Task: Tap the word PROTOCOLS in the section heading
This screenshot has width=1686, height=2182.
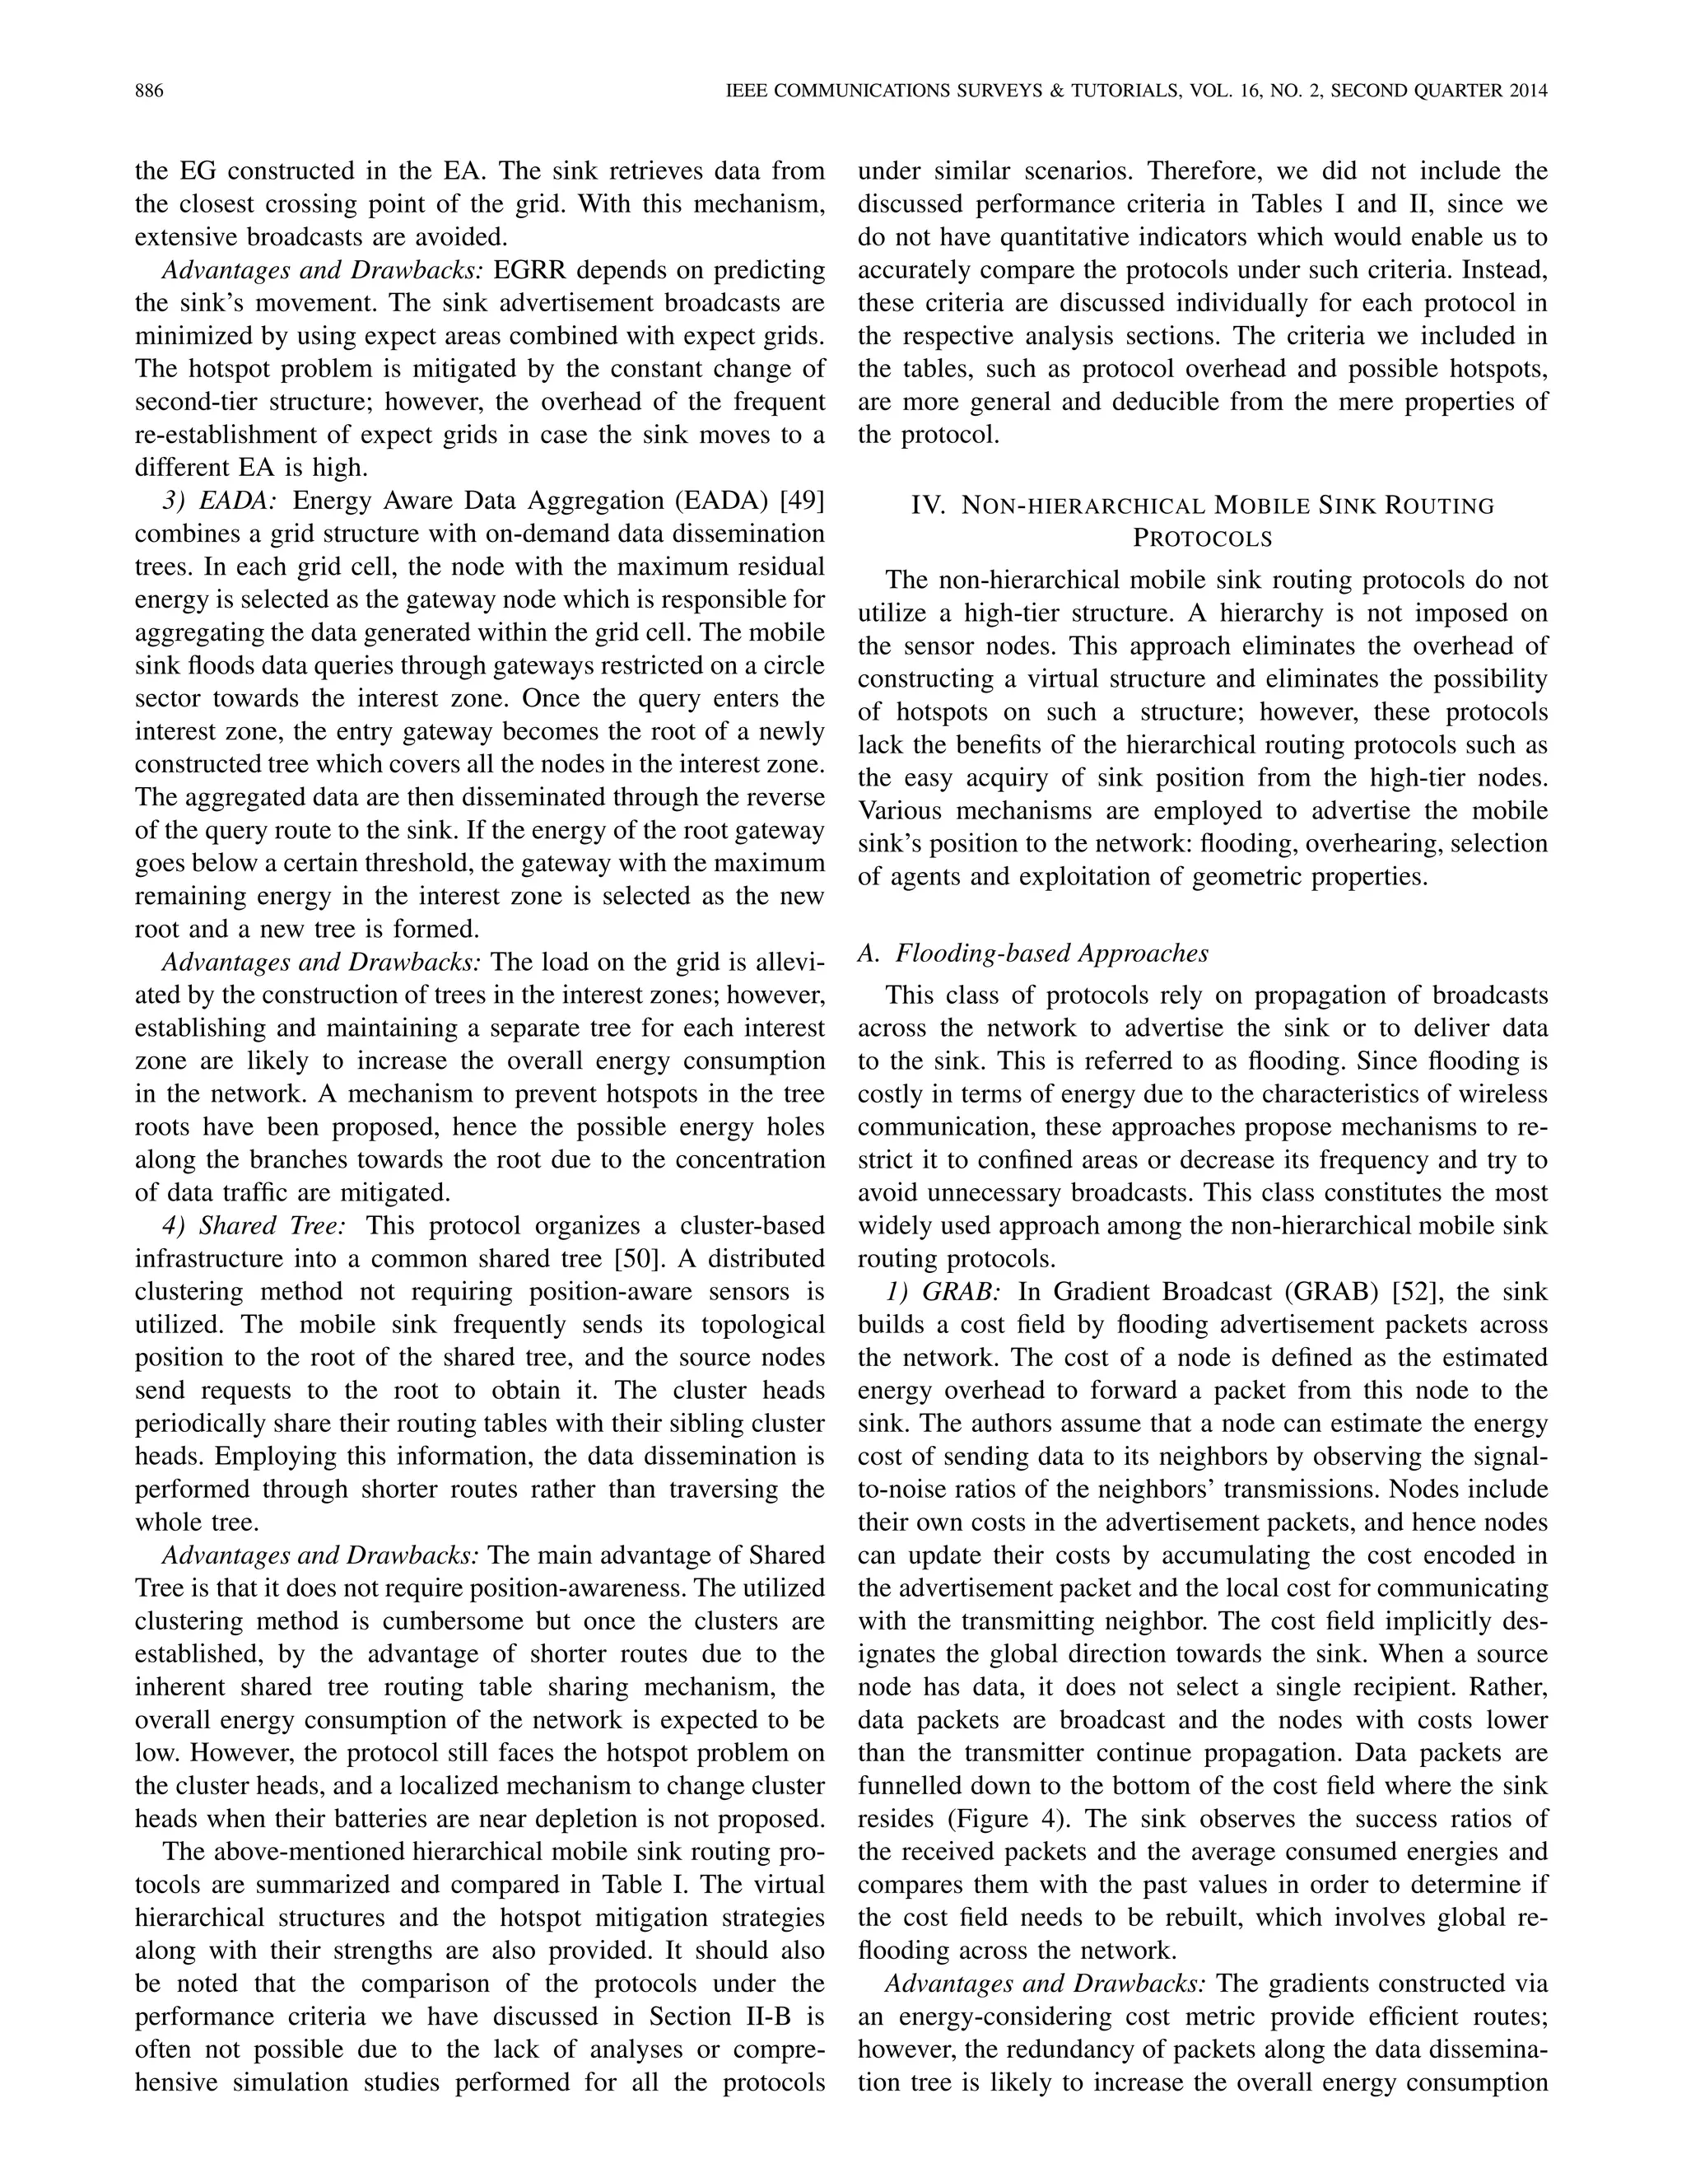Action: click(1203, 539)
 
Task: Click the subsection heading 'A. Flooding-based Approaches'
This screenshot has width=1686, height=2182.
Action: click(1033, 953)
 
